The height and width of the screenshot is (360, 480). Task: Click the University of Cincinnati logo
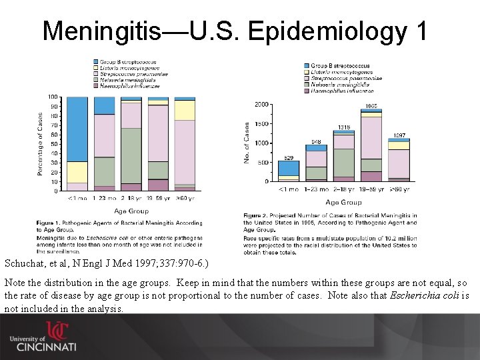tap(43, 337)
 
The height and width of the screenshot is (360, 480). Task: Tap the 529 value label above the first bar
tap(289, 157)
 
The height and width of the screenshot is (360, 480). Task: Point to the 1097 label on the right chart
tap(399, 135)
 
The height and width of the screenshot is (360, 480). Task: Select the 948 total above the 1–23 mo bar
tap(315, 141)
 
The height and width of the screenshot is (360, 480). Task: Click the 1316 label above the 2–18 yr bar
tap(344, 127)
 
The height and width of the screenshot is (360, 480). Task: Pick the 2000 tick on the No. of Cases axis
tap(262, 105)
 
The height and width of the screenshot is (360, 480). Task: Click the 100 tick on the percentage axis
tap(53, 97)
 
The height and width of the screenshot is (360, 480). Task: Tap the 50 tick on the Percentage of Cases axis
tap(54, 144)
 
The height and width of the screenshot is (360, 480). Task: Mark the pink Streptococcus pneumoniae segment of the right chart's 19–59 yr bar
tap(371, 137)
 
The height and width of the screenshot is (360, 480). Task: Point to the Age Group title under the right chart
tap(343, 202)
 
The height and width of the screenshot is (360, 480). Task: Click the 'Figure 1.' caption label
tap(51, 222)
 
